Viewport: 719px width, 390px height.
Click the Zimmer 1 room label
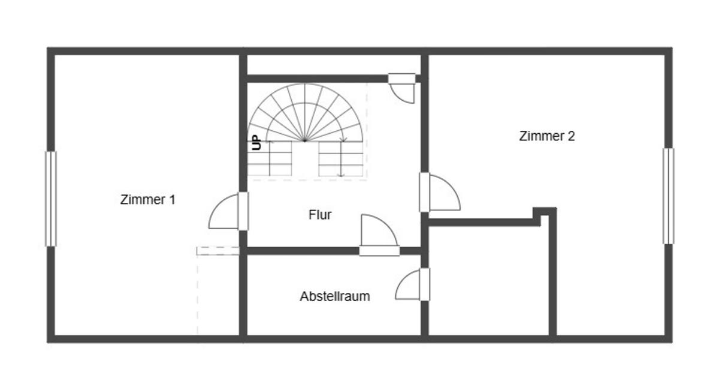click(147, 200)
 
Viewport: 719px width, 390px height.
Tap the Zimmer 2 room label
click(547, 136)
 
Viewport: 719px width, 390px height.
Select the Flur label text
click(320, 215)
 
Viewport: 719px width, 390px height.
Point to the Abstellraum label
click(335, 296)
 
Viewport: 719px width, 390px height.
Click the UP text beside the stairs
click(256, 143)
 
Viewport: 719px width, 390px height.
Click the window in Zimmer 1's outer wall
click(51, 199)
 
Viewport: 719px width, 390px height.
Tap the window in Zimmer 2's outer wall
click(669, 196)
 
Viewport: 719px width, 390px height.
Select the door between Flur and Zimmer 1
click(228, 211)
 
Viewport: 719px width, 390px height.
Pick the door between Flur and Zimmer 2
click(440, 192)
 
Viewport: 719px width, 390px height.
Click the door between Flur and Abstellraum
click(379, 235)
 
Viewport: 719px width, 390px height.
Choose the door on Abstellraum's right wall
click(413, 284)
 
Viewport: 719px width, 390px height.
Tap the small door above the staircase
click(402, 88)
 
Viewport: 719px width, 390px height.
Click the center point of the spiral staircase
click(305, 140)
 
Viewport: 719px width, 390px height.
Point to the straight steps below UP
click(270, 158)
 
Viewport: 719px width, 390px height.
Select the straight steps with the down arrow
click(341, 158)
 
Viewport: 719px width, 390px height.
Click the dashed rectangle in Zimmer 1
click(218, 251)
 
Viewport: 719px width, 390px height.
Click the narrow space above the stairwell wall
click(334, 65)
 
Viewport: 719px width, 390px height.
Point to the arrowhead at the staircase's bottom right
click(342, 175)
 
